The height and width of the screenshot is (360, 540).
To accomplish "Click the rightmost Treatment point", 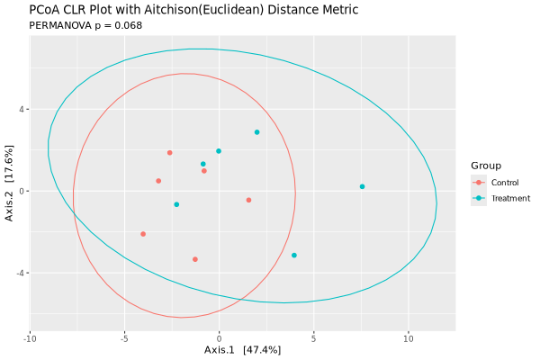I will click(x=362, y=187).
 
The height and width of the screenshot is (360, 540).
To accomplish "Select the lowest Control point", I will click(x=195, y=259).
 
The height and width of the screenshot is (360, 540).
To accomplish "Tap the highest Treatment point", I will click(x=256, y=132).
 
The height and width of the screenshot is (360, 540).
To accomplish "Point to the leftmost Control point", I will click(x=143, y=234).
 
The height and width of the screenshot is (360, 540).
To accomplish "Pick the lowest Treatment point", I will click(x=294, y=256).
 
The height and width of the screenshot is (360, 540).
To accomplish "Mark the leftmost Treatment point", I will click(x=176, y=204).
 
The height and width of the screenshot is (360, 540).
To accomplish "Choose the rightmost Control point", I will click(x=248, y=200).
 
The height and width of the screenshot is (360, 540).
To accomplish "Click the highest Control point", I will click(x=169, y=153).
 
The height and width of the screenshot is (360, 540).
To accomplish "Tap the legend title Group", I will click(x=486, y=166).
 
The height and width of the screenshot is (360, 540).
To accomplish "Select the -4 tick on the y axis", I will click(x=21, y=273).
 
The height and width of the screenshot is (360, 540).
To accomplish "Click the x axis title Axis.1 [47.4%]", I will click(x=242, y=350).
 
